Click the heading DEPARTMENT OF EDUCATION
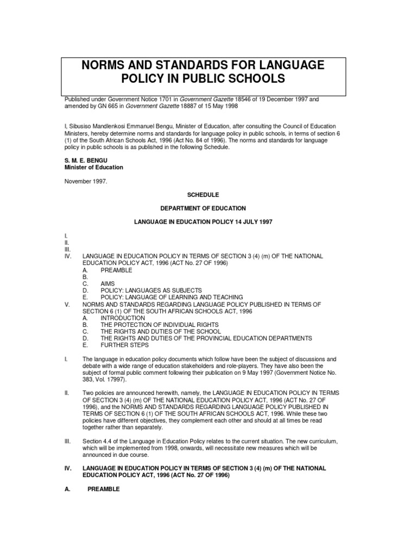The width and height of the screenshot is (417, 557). click(208, 208)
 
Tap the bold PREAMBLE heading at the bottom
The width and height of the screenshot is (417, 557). click(104, 488)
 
